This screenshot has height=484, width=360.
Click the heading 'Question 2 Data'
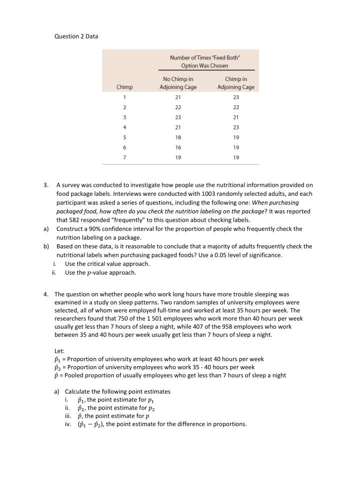click(x=76, y=36)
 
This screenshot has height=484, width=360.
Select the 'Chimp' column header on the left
click(x=124, y=87)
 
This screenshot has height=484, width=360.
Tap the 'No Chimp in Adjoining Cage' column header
click(x=178, y=83)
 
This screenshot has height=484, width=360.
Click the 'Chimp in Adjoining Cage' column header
click(x=236, y=83)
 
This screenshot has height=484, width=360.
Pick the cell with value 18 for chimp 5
click(x=178, y=137)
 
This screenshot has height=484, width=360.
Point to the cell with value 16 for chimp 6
click(x=178, y=147)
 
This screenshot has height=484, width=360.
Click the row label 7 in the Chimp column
click(x=124, y=157)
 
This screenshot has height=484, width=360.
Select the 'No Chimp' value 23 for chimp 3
click(x=178, y=117)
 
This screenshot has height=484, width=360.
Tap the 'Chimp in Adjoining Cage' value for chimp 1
click(x=236, y=97)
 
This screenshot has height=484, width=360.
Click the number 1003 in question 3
click(x=195, y=194)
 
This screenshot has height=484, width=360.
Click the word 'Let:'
click(x=59, y=351)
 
